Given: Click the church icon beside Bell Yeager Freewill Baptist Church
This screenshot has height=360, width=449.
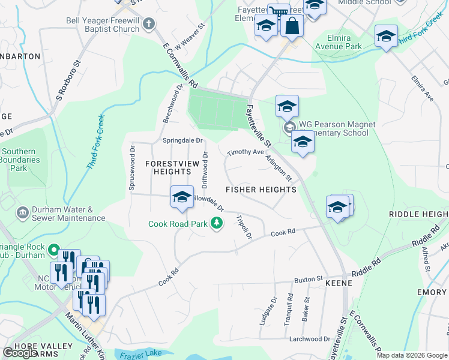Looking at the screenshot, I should [149, 25].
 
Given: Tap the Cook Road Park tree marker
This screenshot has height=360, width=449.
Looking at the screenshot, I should [217, 224].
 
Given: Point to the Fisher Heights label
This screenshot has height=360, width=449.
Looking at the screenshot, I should [261, 190].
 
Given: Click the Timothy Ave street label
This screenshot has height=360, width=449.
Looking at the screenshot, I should [246, 152].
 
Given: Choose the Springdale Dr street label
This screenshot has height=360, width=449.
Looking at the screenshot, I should [184, 141].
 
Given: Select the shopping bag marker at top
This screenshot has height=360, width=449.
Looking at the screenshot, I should [292, 26].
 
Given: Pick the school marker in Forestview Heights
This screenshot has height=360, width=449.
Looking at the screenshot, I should [182, 197].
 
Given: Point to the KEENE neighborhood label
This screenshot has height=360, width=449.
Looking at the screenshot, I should [337, 282].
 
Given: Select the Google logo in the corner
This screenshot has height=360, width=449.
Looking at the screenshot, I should [20, 353].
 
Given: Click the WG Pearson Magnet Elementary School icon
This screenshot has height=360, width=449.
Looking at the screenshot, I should [289, 128].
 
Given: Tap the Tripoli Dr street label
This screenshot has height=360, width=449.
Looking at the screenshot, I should [244, 227].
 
